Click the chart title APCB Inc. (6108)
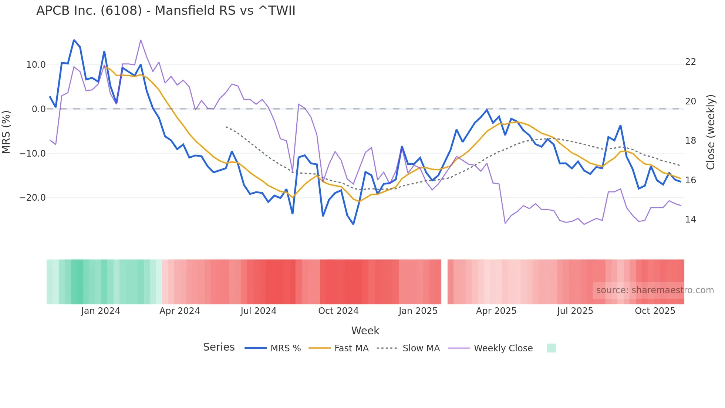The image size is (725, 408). pyautogui.click(x=166, y=11)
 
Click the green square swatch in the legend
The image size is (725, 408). pyautogui.click(x=551, y=348)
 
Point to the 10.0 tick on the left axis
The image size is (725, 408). pyautogui.click(x=36, y=65)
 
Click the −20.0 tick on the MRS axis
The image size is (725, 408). pyautogui.click(x=33, y=198)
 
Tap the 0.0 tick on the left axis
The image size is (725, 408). pyautogui.click(x=39, y=109)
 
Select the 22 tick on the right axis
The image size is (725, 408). pyautogui.click(x=690, y=62)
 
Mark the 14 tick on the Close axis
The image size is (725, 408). pyautogui.click(x=690, y=220)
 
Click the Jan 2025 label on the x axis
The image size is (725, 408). pyautogui.click(x=418, y=311)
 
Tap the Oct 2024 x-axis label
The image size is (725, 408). pyautogui.click(x=338, y=311)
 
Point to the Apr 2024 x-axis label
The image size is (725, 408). pyautogui.click(x=179, y=311)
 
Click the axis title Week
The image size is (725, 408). pyautogui.click(x=365, y=331)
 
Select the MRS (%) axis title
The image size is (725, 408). pyautogui.click(x=6, y=132)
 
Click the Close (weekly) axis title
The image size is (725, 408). pyautogui.click(x=711, y=132)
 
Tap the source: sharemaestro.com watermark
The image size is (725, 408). pyautogui.click(x=655, y=290)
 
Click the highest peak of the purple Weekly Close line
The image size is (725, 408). pyautogui.click(x=141, y=40)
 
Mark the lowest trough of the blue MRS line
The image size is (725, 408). pyautogui.click(x=353, y=224)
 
